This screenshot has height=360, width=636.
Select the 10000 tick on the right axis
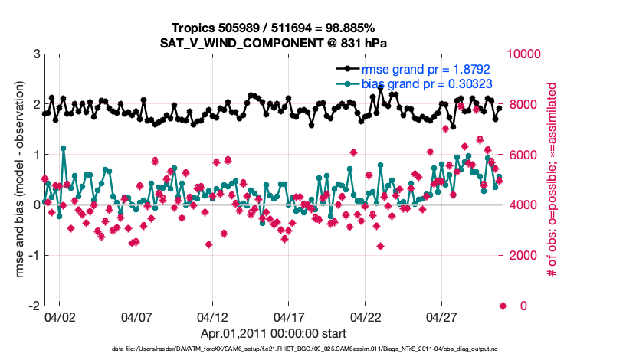point(526,54)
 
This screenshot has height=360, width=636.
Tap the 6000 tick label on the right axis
point(523,155)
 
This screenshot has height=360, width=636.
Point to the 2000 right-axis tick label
point(523,255)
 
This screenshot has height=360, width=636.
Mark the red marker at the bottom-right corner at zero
point(503,306)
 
